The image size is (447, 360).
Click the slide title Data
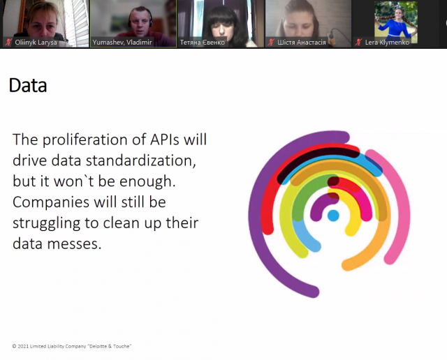(x=28, y=85)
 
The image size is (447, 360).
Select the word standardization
(x=141, y=160)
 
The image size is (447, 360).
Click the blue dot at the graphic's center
(x=333, y=216)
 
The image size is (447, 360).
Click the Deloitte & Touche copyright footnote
(x=71, y=346)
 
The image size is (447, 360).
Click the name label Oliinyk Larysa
(x=36, y=43)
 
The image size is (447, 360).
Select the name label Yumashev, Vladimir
(x=122, y=43)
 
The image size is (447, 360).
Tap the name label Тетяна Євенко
(x=203, y=43)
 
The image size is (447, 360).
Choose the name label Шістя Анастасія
(x=302, y=43)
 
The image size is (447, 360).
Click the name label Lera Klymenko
(x=387, y=43)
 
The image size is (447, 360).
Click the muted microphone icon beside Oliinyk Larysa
(x=8, y=42)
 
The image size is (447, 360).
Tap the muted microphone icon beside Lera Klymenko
(x=358, y=42)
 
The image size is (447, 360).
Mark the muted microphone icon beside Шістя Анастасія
(x=271, y=42)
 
